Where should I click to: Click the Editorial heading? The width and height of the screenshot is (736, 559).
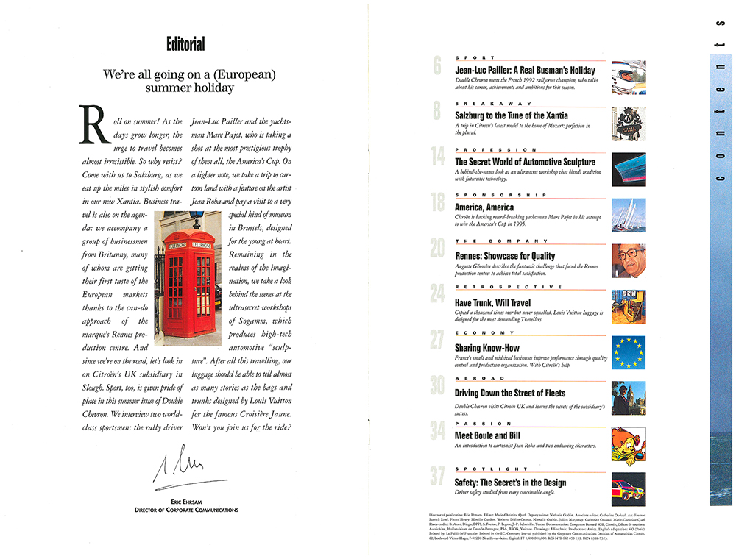[x=185, y=45]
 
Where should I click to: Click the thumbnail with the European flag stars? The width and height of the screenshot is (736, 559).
[x=629, y=352]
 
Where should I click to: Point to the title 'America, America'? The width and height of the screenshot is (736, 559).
[x=484, y=207]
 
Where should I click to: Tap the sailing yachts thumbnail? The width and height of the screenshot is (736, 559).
[x=629, y=215]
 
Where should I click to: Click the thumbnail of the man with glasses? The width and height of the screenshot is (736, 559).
[x=629, y=260]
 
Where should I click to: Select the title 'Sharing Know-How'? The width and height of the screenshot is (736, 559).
[x=488, y=347]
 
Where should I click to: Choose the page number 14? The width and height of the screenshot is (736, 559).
[x=437, y=157]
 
